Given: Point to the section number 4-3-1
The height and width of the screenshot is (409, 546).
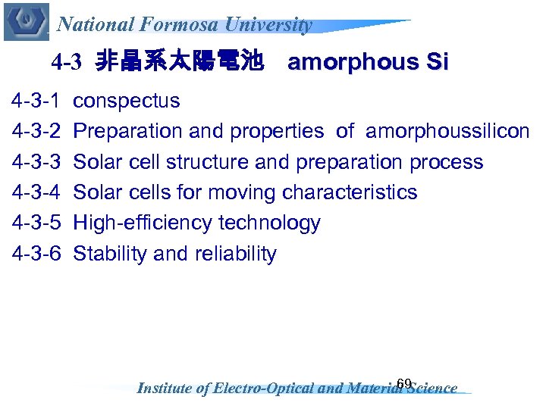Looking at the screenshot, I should click(36, 101).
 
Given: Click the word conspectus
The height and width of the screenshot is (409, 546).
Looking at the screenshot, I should click(127, 101).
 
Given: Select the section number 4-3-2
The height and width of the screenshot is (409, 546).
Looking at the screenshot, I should click(36, 132).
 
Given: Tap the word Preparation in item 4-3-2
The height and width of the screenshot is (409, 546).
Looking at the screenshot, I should click(128, 132).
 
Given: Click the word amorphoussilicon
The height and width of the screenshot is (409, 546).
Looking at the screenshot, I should click(447, 132).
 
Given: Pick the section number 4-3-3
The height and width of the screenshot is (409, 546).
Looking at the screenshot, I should click(36, 162).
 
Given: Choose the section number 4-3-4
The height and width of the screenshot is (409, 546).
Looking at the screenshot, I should click(36, 192).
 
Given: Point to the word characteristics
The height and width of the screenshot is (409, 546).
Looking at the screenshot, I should click(350, 192).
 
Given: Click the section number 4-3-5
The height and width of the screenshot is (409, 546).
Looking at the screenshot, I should click(36, 223).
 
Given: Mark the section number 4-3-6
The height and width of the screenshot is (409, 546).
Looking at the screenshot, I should click(36, 254).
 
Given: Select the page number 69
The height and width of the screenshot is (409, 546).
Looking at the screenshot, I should click(404, 382).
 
